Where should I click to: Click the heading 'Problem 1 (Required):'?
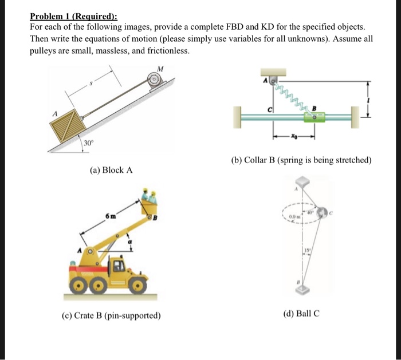click(73, 17)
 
